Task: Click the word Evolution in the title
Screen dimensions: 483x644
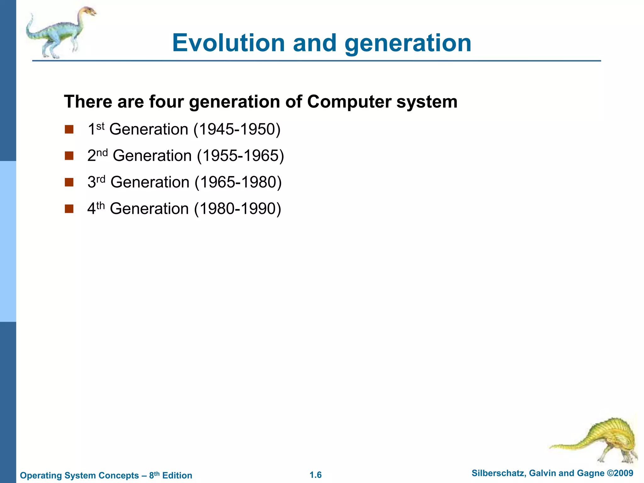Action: [228, 43]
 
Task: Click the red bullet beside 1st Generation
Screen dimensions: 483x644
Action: [69, 130]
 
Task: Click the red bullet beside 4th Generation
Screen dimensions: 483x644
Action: [69, 209]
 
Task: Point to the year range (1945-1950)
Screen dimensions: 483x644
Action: [237, 130]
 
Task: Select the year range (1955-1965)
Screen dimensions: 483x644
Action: [240, 156]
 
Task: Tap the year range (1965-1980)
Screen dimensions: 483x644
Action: [238, 182]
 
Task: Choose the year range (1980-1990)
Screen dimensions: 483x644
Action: [237, 209]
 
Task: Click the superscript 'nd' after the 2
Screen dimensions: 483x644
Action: [102, 153]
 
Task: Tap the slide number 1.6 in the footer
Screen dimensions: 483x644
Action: [315, 475]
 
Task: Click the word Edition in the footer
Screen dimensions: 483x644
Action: [177, 475]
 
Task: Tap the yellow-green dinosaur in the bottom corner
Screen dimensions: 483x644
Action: [607, 440]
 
